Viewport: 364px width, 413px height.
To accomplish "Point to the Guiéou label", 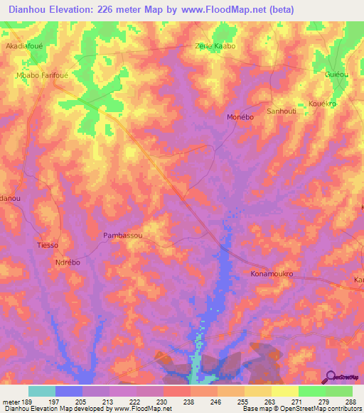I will point(336,74).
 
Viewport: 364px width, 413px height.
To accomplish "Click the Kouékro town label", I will point(325,104).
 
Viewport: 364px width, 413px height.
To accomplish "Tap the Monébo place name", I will point(240,116).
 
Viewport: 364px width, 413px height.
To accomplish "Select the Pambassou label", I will point(123,235).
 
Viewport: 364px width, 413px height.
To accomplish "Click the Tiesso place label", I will point(47,246).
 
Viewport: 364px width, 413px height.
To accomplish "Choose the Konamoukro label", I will point(272,273).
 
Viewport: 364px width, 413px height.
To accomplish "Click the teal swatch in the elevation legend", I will point(42,391).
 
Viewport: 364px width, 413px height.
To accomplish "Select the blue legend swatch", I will point(69,391).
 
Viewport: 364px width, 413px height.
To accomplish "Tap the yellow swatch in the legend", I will point(284,391).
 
